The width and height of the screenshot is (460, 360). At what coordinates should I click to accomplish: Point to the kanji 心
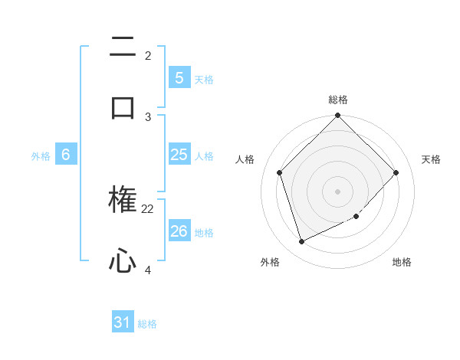coord(123,262)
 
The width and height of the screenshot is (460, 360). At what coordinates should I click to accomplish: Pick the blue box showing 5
coord(179,77)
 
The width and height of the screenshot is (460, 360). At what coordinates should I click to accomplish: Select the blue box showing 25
coord(179,155)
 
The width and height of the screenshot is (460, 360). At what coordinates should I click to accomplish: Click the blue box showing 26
coord(179,231)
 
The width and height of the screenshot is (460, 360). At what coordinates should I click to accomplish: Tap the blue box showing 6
coord(66,155)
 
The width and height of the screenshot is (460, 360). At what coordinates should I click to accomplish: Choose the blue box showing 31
coord(123,322)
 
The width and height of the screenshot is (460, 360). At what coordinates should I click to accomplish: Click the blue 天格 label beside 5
coord(204,79)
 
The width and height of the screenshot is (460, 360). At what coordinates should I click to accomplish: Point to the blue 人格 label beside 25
coord(204,156)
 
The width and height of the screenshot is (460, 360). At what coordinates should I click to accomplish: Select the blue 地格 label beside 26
coord(204,232)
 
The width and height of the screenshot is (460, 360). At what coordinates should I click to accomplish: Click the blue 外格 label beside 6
coord(41,156)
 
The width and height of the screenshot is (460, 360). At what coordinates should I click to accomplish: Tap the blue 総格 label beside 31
coord(147,324)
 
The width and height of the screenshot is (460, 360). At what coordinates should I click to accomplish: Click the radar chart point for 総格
coord(337,116)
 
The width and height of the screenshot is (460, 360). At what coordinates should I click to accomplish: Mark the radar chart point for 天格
coord(396,172)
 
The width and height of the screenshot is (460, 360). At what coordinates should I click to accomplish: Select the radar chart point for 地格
coord(356,217)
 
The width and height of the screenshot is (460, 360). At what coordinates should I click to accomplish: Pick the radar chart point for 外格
coord(301,241)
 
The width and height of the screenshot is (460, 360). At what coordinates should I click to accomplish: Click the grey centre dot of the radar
coord(337,191)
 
